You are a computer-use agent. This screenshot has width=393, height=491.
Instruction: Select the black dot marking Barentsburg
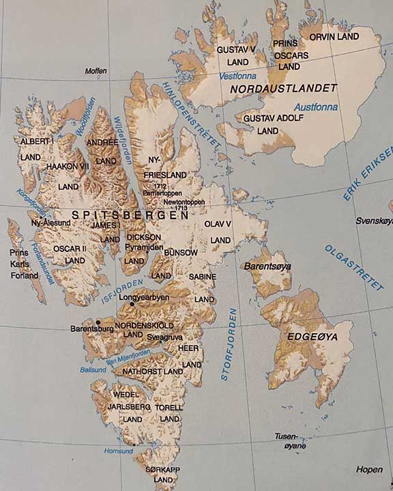(99, 321)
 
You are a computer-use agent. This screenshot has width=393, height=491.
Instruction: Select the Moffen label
(96, 71)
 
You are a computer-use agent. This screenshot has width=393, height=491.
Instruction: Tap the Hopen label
(369, 469)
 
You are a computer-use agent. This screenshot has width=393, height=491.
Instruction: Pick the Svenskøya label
(374, 221)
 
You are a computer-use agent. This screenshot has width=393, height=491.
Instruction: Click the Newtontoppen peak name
(181, 203)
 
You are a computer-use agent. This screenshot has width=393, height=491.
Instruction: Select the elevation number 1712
(160, 186)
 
